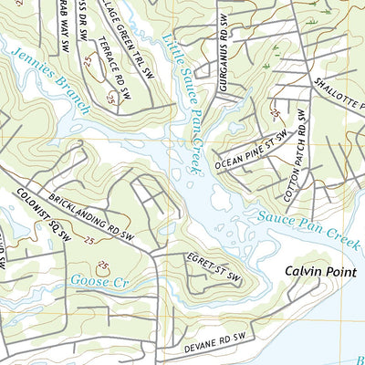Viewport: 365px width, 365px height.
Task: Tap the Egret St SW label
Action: click(x=213, y=266)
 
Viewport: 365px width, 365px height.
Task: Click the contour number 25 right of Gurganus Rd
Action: click(x=276, y=112)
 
